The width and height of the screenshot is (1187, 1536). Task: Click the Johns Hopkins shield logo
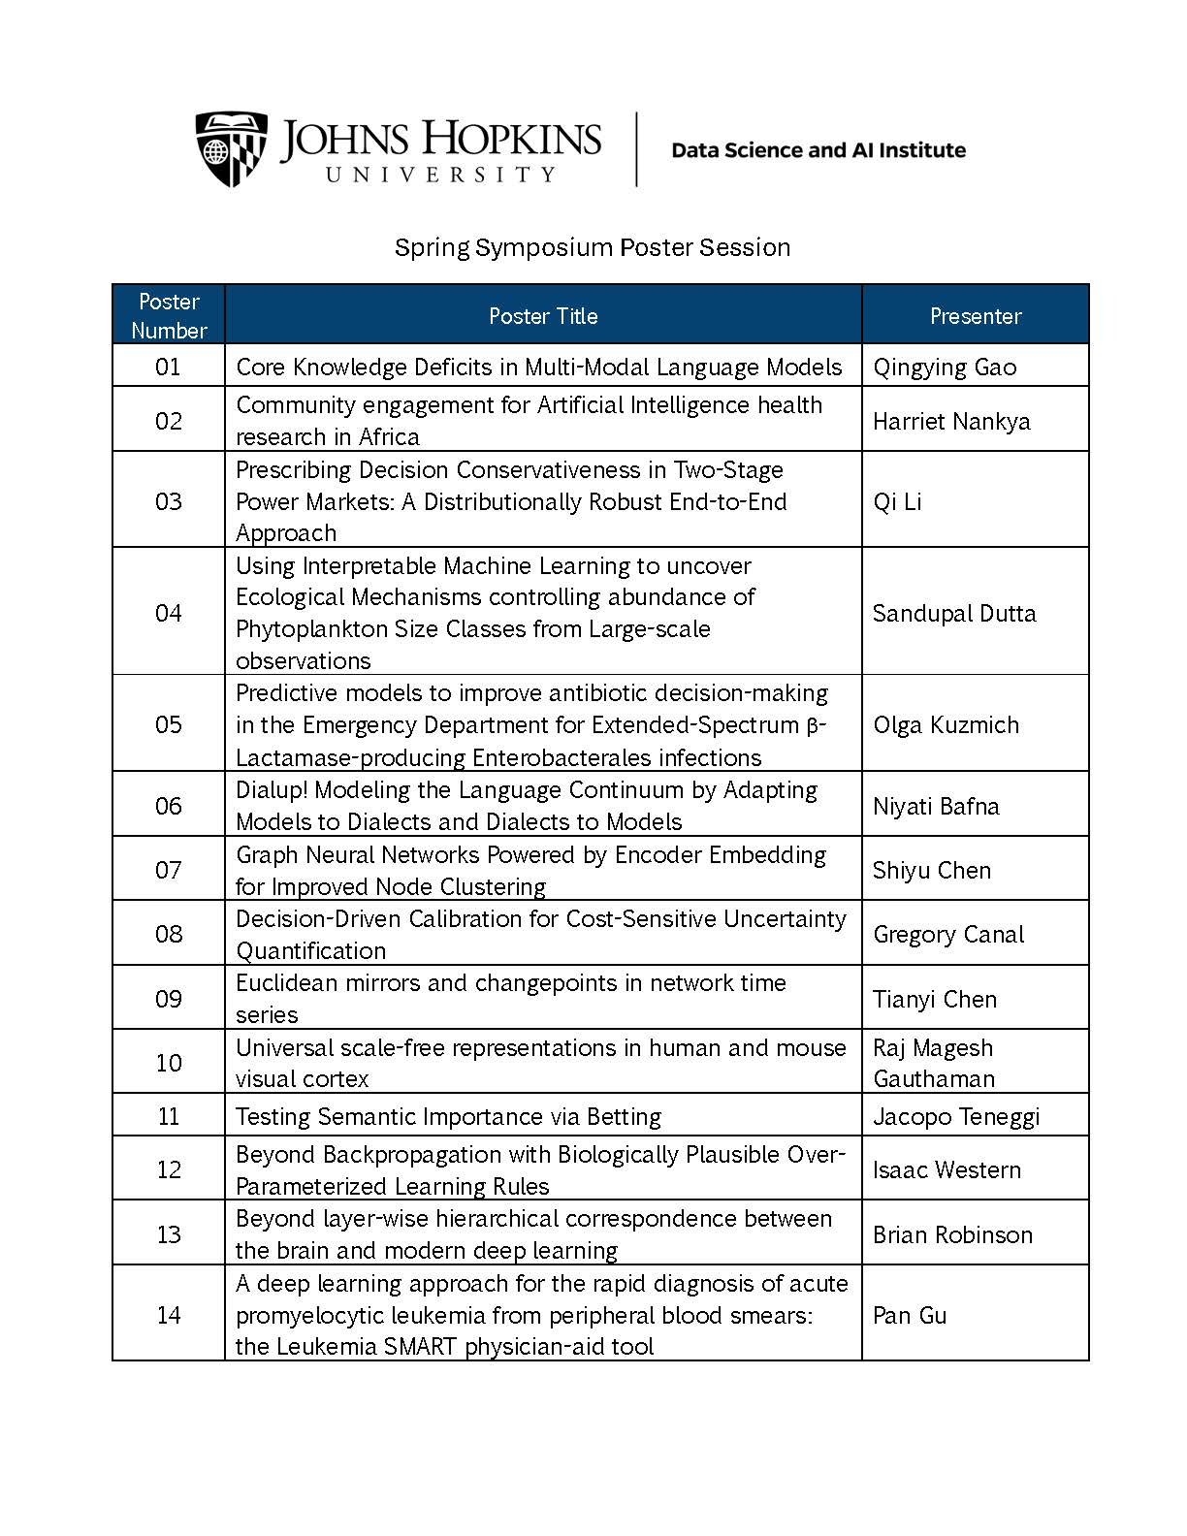pyautogui.click(x=231, y=148)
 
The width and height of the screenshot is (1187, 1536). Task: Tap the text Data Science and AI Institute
pyautogui.click(x=818, y=150)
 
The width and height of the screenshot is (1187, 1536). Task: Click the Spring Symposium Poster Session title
pyautogui.click(x=592, y=247)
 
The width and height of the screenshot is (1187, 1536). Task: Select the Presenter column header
pyautogui.click(x=975, y=315)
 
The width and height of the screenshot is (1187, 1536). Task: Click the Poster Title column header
pyautogui.click(x=543, y=315)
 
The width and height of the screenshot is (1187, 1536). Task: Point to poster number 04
pyautogui.click(x=168, y=612)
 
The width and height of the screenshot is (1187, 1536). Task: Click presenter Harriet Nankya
pyautogui.click(x=950, y=421)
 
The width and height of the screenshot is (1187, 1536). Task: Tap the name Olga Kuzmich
pyautogui.click(x=946, y=724)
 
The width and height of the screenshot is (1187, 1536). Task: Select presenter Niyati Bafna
pyautogui.click(x=935, y=806)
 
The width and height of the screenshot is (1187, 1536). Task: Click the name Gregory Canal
pyautogui.click(x=947, y=934)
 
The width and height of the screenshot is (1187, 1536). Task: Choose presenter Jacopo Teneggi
pyautogui.click(x=955, y=1116)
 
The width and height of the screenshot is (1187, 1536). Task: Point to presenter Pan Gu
pyautogui.click(x=909, y=1315)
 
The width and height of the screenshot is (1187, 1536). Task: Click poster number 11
pyautogui.click(x=168, y=1116)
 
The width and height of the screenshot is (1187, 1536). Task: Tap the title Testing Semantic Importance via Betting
pyautogui.click(x=448, y=1116)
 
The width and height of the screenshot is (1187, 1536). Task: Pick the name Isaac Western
pyautogui.click(x=946, y=1169)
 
